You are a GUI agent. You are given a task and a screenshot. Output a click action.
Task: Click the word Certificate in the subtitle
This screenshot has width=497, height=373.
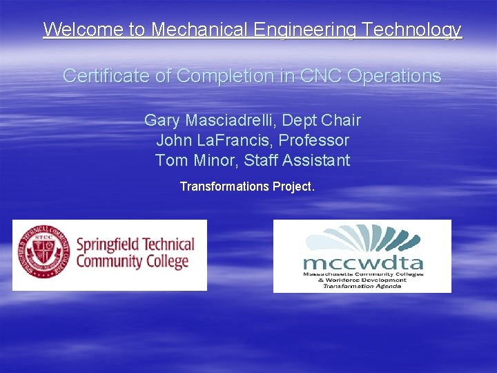(x=107, y=75)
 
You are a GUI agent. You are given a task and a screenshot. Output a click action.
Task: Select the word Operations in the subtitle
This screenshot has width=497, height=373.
(x=394, y=75)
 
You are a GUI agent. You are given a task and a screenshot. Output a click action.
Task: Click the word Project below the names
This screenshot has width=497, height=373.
(x=293, y=186)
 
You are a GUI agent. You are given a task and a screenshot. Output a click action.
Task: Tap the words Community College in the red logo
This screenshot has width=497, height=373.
(x=132, y=262)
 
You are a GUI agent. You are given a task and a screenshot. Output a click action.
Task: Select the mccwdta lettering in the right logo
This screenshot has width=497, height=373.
(x=363, y=262)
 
